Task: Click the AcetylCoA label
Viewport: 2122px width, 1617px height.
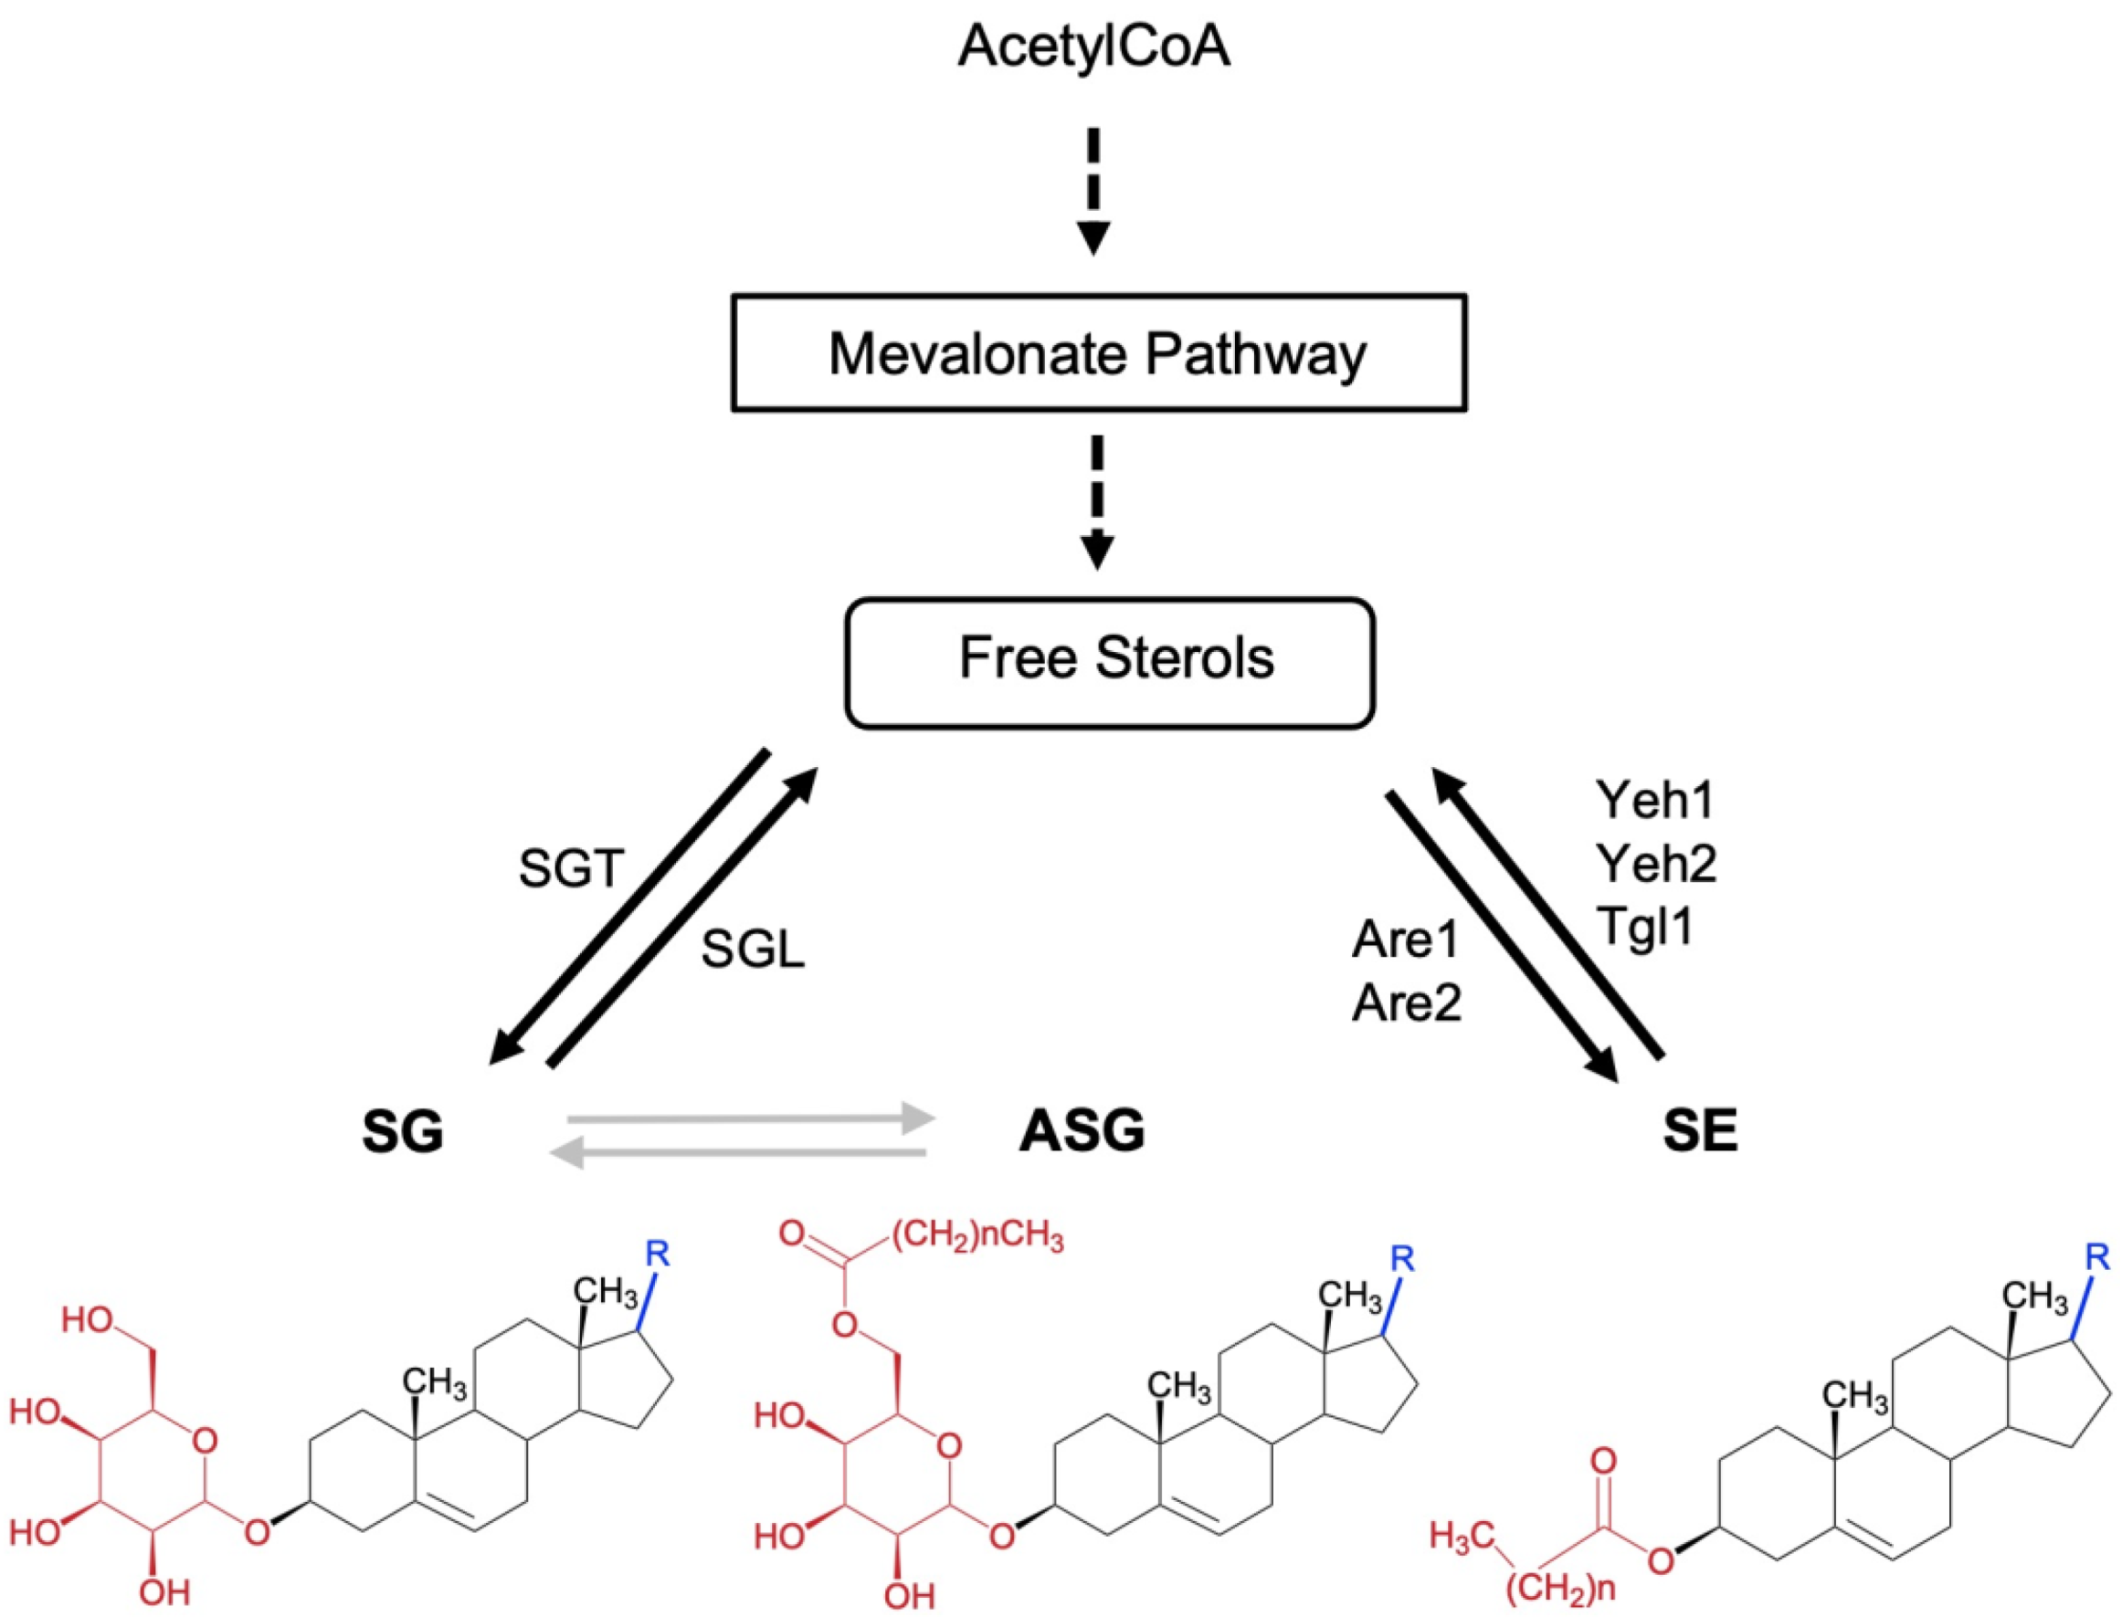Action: [x=1093, y=47]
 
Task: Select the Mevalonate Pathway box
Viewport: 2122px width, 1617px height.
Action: [x=1099, y=353]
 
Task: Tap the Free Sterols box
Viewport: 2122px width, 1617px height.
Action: [x=1109, y=662]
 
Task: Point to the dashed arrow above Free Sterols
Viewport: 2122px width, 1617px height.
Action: [x=1096, y=501]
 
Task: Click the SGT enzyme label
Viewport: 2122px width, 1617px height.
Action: [x=572, y=869]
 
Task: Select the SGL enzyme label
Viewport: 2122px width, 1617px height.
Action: [x=752, y=951]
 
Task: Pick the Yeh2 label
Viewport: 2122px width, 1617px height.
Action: [x=1656, y=864]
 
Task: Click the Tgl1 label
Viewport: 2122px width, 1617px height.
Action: [x=1644, y=926]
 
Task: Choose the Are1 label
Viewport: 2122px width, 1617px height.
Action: [x=1406, y=940]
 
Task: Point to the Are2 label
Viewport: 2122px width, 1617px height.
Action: [x=1407, y=1003]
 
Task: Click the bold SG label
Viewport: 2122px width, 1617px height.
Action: [x=403, y=1132]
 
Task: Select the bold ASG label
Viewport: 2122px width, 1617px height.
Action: [x=1082, y=1130]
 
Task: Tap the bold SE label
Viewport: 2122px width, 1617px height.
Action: [x=1699, y=1132]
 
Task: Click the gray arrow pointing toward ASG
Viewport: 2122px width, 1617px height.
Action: [x=751, y=1118]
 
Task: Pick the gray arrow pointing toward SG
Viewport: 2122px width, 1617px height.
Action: [x=736, y=1152]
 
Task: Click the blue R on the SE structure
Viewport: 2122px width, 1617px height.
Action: [x=2098, y=1257]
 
